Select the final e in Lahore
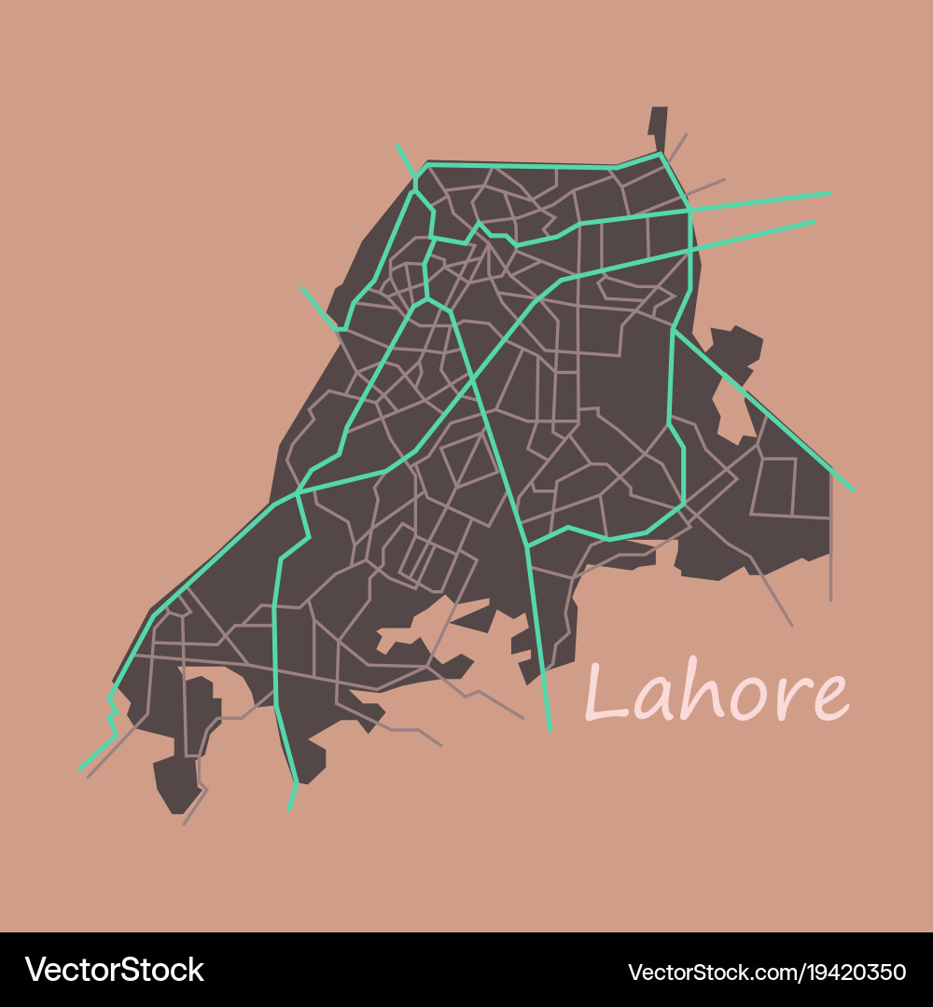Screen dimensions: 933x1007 (x=830, y=698)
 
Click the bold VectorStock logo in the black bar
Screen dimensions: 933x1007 (x=115, y=970)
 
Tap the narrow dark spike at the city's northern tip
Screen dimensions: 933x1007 (x=659, y=126)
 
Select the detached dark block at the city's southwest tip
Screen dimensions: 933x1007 (x=177, y=783)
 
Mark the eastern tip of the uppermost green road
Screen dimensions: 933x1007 (x=830, y=193)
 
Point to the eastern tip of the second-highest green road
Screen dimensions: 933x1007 (x=815, y=221)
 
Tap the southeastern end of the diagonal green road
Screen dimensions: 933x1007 (x=852, y=490)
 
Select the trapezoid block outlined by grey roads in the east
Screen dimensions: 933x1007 (x=774, y=486)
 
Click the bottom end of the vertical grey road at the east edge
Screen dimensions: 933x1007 (x=830, y=600)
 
